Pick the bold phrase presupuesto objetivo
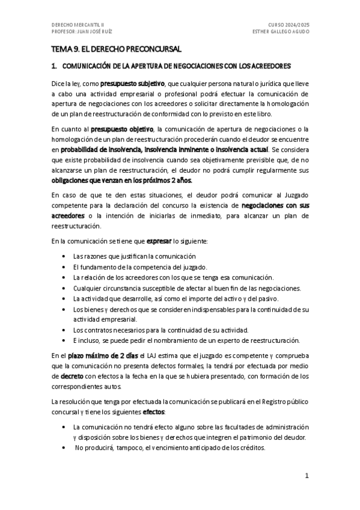(x=122, y=129)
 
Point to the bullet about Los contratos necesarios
(x=160, y=330)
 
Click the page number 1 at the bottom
(x=307, y=475)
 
